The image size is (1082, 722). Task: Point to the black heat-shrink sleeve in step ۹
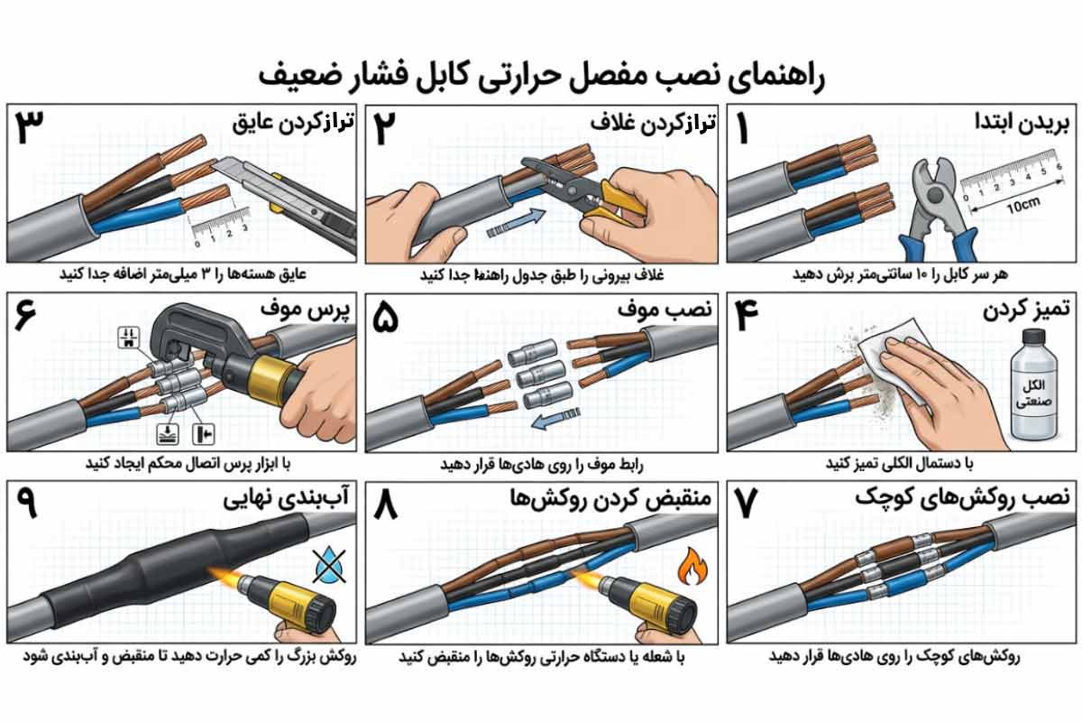pos(135,578)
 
